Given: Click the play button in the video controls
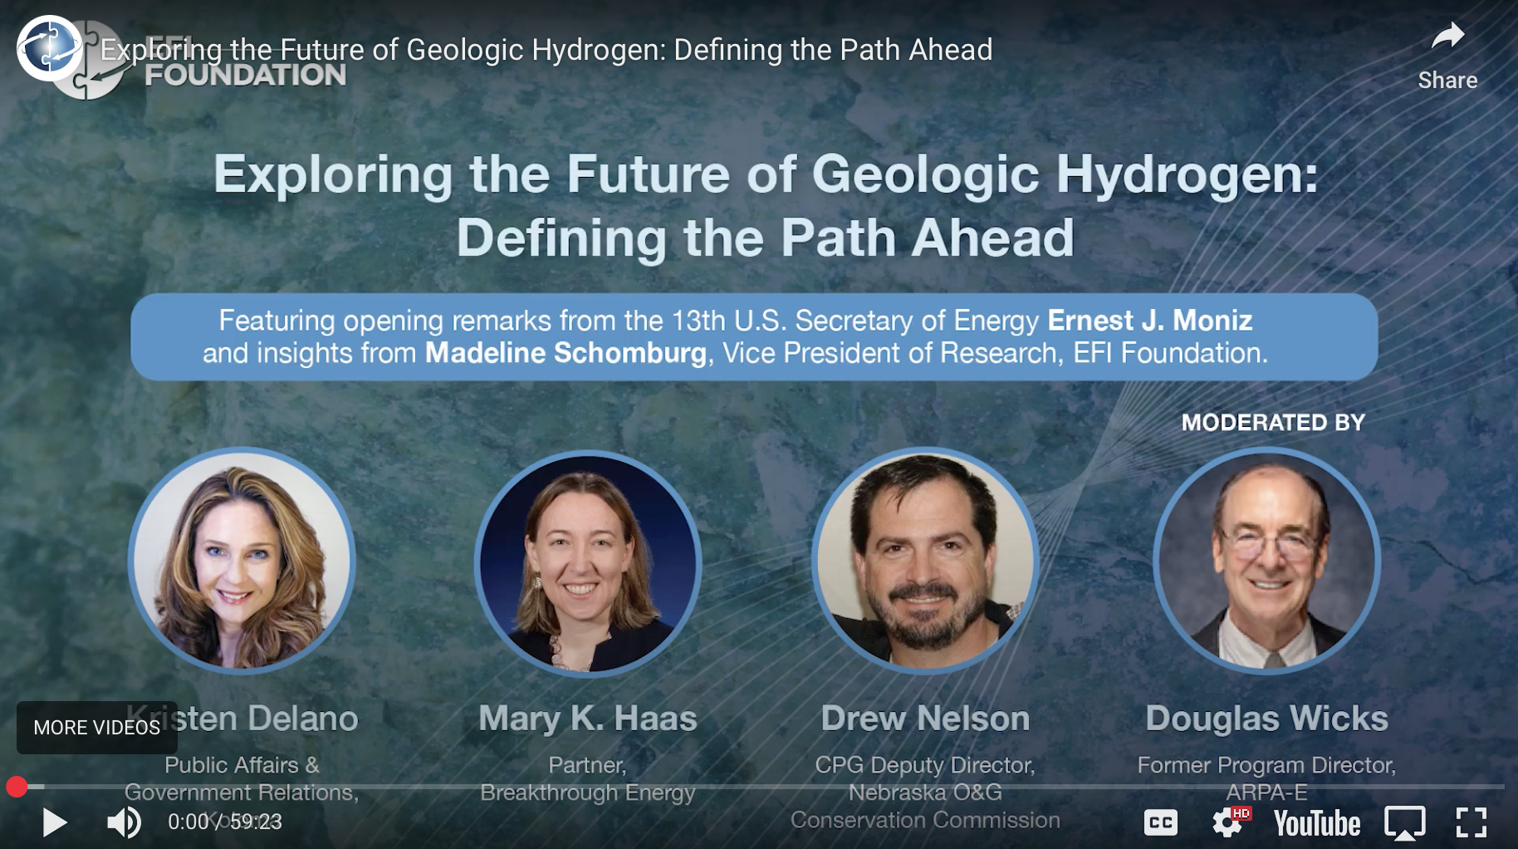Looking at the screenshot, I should coord(55,822).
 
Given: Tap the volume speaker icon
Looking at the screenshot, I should coord(124,822).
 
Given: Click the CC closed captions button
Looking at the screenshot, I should coord(1160,822).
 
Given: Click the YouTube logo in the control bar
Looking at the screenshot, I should coord(1317,823).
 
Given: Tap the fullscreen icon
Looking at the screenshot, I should coord(1471,822).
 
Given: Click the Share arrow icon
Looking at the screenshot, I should coord(1447,37).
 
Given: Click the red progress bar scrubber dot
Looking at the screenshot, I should coord(17,787).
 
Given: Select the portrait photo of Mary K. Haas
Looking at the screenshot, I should coord(588,562).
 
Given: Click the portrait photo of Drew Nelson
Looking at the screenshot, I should coord(925,561).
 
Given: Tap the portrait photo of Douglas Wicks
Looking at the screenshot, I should coord(1267,561).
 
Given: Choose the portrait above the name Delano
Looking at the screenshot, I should coord(242,561).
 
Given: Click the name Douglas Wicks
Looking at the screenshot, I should coord(1266,719).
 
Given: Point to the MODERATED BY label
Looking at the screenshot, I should coord(1273,423).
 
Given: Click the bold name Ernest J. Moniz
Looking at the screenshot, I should coord(1149,321).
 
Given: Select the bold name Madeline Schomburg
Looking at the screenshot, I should coord(566,353).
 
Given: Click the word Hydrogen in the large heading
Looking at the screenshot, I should coord(1187,174).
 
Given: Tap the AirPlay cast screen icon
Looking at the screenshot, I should coord(1404,822).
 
